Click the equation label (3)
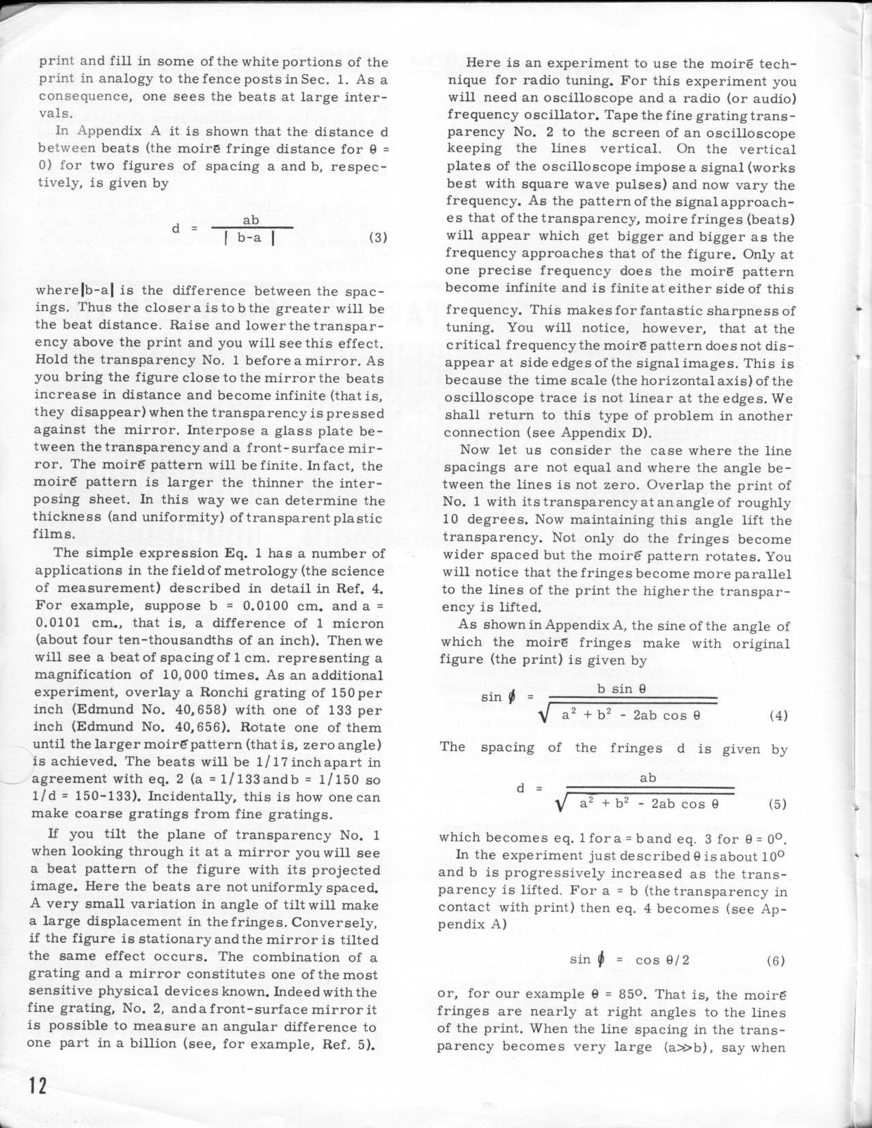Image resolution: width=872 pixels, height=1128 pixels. [x=378, y=238]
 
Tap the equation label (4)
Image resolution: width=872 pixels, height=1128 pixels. [x=778, y=716]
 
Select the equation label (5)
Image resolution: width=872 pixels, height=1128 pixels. [x=778, y=804]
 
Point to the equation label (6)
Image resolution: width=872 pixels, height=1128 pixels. [x=776, y=961]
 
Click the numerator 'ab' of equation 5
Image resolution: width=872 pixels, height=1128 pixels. [x=648, y=777]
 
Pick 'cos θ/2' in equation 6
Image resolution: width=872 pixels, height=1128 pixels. [x=662, y=960]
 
